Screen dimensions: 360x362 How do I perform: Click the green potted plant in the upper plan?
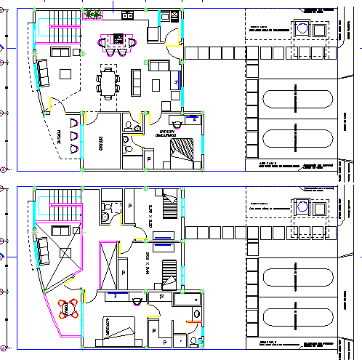click(x=92, y=14)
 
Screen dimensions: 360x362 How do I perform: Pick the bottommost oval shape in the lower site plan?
click(x=297, y=318)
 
